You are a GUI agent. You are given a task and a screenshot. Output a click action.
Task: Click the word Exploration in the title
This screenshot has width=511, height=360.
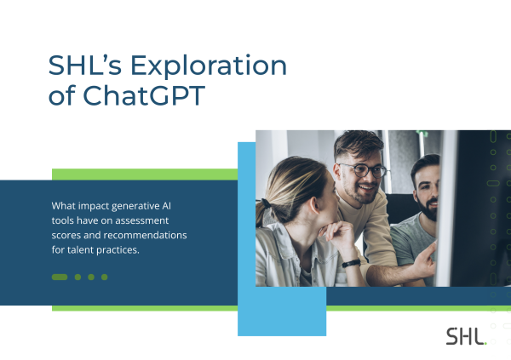coord(209,66)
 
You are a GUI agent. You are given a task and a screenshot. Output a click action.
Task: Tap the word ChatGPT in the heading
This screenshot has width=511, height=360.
coord(144,95)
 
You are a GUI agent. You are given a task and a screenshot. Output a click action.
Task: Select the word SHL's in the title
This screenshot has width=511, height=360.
coord(85,65)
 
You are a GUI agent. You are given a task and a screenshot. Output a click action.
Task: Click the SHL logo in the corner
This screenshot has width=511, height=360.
coord(466,336)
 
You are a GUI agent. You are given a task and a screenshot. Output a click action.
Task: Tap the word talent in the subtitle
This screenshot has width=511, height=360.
coord(77,250)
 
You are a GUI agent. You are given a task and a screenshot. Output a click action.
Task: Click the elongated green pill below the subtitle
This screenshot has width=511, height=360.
coord(60,277)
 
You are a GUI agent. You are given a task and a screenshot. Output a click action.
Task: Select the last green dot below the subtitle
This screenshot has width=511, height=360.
coord(104,277)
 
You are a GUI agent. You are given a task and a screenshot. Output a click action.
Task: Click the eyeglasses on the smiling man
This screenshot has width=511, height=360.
coord(364,170)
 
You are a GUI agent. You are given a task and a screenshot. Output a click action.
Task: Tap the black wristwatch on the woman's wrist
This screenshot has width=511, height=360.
coord(351,263)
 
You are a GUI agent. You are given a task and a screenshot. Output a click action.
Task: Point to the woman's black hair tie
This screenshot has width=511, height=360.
coord(266,203)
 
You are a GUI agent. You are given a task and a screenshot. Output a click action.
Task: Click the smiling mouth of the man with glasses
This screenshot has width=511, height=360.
coord(367,188)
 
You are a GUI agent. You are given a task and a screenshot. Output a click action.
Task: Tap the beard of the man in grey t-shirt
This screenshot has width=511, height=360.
coord(426,209)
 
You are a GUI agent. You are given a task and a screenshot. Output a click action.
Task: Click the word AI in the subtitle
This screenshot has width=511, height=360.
coord(167,206)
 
